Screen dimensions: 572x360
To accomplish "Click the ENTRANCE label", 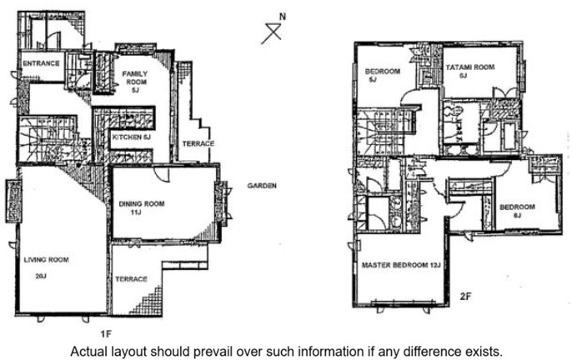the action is [41, 63].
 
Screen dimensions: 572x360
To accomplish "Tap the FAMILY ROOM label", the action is [134, 77].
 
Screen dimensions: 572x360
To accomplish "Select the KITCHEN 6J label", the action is [132, 137].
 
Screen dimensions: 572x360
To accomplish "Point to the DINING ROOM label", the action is [142, 203].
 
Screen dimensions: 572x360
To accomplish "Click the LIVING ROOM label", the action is [46, 260].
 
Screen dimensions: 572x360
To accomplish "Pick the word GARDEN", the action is [262, 186].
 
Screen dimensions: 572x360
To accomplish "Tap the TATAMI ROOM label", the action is [470, 67].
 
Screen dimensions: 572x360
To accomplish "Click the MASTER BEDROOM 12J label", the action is [401, 265].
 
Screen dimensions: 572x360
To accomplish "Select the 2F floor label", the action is [465, 296].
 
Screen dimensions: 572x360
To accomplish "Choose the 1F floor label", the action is [106, 333].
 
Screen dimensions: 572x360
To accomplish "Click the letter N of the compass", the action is [283, 17].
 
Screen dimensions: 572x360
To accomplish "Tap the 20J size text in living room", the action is [41, 276].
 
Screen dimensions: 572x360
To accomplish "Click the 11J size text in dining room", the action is [135, 212].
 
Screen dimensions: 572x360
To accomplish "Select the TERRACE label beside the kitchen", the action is [198, 143].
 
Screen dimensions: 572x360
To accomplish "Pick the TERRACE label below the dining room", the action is [132, 279].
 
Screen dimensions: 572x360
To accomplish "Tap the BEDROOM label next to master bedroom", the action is [517, 207].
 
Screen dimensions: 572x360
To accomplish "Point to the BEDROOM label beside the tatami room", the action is [383, 72].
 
